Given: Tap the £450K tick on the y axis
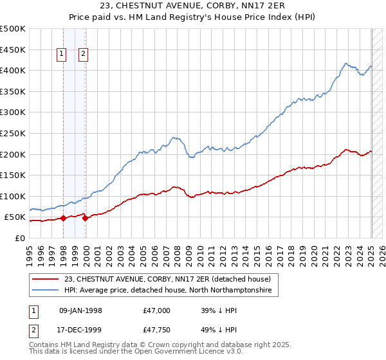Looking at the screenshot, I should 14,50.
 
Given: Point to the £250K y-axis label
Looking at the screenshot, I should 14,133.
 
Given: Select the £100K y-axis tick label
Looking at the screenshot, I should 14,196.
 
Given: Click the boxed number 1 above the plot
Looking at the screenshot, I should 62,55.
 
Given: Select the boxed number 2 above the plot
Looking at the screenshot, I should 84,55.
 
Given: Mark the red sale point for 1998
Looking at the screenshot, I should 64,218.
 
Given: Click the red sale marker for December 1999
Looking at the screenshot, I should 86,218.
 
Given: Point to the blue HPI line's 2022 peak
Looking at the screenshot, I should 346,64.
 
